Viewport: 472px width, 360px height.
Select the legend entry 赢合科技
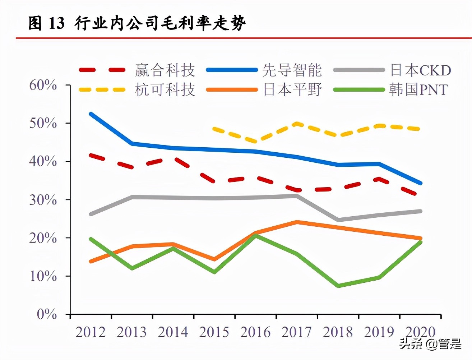point(165,70)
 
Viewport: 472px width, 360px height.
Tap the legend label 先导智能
point(292,70)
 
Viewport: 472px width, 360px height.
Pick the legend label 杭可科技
point(165,89)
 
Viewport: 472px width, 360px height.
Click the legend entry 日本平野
point(292,89)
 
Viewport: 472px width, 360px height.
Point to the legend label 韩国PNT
point(418,89)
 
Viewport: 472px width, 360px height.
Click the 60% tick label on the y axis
point(43,85)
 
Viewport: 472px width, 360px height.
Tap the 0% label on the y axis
point(47,314)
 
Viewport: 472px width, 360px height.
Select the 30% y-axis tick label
point(43,200)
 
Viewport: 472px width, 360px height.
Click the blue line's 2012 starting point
point(91,114)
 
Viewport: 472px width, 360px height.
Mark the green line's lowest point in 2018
point(338,286)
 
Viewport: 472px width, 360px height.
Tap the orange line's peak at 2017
point(297,222)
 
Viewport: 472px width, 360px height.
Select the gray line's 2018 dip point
point(338,220)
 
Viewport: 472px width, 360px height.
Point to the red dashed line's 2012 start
point(91,155)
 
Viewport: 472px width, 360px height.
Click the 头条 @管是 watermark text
point(430,344)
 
